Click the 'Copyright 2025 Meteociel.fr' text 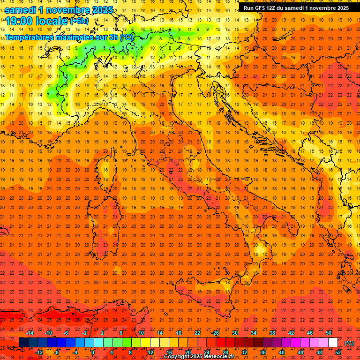pyautogui.click(x=199, y=357)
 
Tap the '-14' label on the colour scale pyautogui.click(x=30, y=333)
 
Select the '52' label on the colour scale pyautogui.click(x=338, y=352)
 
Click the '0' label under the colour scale pyautogui.click(x=93, y=352)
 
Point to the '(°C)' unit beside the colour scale pyautogui.click(x=350, y=343)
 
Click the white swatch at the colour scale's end pyautogui.click(x=333, y=343)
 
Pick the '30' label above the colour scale pyautogui.click(x=235, y=333)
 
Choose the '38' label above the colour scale pyautogui.click(x=272, y=333)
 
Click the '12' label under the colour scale pyautogui.click(x=150, y=352)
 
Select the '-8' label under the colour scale pyautogui.click(x=57, y=352)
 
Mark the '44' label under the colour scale pyautogui.click(x=300, y=352)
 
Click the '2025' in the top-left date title pyautogui.click(x=99, y=10)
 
